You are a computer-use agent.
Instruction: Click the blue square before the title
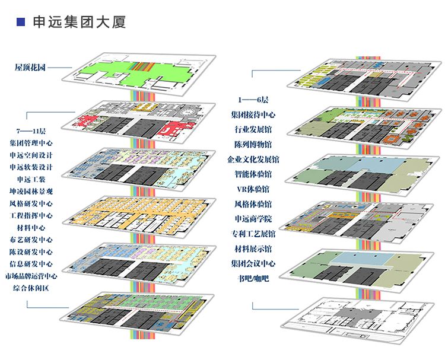pyautogui.click(x=21, y=23)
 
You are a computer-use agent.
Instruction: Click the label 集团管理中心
pyautogui.click(x=31, y=143)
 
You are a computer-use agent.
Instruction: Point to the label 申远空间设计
pyautogui.click(x=31, y=155)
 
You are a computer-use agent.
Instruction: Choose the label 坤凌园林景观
pyautogui.click(x=31, y=191)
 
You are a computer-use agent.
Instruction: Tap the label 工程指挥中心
pyautogui.click(x=31, y=215)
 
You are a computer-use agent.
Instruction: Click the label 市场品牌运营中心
pyautogui.click(x=31, y=276)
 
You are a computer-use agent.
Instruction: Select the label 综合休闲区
pyautogui.click(x=31, y=288)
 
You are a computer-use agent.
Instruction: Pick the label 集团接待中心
pyautogui.click(x=253, y=114)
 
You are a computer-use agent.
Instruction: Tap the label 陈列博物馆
pyautogui.click(x=253, y=144)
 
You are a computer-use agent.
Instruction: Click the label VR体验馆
pyautogui.click(x=253, y=189)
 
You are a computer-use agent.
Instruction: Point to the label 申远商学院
pyautogui.click(x=253, y=219)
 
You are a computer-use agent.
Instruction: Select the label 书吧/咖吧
pyautogui.click(x=253, y=277)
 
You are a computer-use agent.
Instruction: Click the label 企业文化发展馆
pyautogui.click(x=253, y=160)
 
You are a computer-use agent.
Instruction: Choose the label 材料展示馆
pyautogui.click(x=253, y=249)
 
